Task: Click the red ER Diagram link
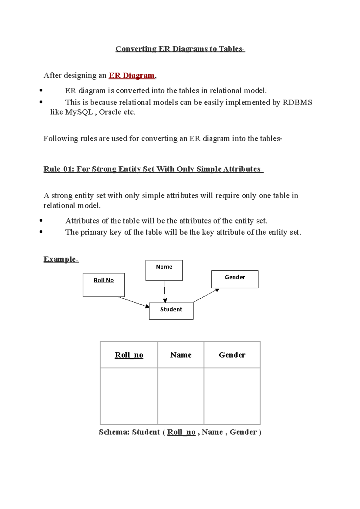point(131,75)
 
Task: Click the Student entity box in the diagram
point(171,311)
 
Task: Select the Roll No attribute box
point(103,285)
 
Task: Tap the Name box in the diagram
point(164,270)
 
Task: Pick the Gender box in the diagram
point(235,279)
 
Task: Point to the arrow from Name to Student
point(164,292)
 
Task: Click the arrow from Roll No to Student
point(133,302)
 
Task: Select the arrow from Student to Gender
point(206,296)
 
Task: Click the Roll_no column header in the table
point(129,355)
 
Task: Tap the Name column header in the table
point(181,355)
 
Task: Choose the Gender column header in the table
point(232,355)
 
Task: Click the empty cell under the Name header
point(181,396)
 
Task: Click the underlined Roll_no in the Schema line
point(181,432)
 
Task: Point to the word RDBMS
point(297,103)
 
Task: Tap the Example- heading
point(61,259)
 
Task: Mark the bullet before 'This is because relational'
point(41,102)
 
